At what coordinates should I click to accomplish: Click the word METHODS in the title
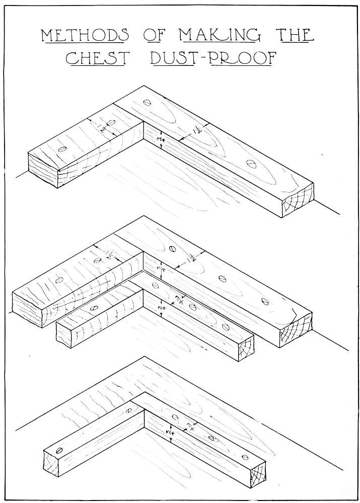(85, 35)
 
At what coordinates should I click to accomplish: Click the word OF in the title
(154, 35)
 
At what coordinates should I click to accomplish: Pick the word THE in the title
(296, 35)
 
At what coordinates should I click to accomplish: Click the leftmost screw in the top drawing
(63, 149)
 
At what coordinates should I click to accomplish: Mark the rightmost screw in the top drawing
(251, 164)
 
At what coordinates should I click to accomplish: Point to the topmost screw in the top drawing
(147, 103)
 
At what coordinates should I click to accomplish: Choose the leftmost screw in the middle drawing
(59, 280)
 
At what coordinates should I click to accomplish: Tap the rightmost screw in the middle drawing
(265, 301)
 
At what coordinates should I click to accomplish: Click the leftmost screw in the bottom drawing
(59, 450)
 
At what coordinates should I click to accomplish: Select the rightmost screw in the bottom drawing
(245, 457)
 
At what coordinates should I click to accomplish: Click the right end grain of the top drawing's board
(298, 200)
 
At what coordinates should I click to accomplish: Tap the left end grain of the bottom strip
(51, 463)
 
